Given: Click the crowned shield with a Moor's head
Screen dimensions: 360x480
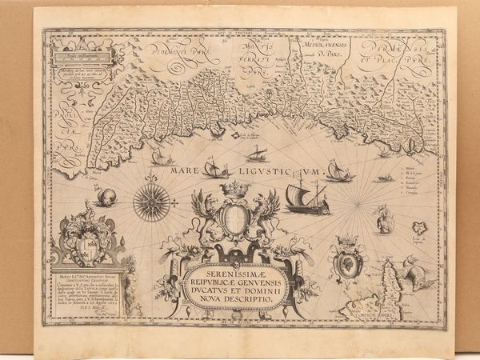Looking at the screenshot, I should [349, 260].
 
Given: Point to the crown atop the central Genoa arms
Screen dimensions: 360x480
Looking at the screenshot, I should [234, 189].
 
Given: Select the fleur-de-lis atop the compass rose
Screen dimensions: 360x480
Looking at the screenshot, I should [150, 178].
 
